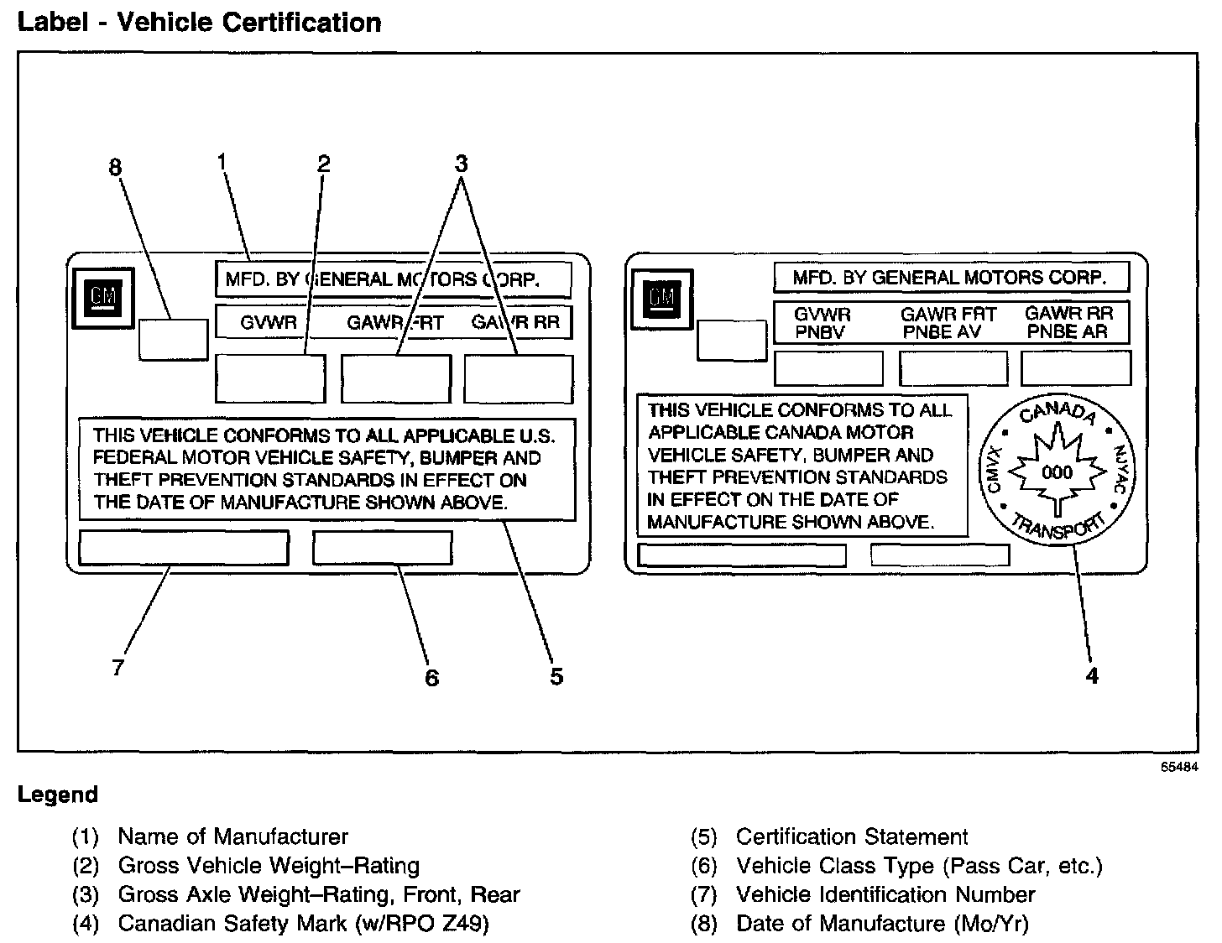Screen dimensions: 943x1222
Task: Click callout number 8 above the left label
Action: click(115, 168)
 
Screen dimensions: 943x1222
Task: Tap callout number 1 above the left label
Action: click(222, 160)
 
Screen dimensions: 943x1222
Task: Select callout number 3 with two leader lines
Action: click(461, 164)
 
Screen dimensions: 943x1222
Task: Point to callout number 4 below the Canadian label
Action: click(1091, 675)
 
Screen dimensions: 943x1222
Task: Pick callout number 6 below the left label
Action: click(431, 677)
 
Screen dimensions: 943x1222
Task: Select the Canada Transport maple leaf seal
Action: click(1056, 472)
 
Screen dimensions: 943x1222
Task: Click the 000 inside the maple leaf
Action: click(1056, 472)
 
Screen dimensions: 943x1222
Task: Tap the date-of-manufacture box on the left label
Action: click(173, 339)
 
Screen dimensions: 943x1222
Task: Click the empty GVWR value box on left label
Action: click(270, 378)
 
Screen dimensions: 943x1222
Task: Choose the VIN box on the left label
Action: click(183, 548)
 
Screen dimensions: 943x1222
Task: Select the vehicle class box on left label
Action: click(382, 548)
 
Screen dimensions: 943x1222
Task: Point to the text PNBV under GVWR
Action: click(820, 332)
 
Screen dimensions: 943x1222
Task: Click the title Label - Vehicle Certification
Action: click(199, 22)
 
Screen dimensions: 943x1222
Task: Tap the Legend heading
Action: click(58, 795)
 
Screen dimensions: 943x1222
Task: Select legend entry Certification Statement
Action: click(851, 836)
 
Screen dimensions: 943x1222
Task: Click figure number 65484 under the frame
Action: click(1180, 766)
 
